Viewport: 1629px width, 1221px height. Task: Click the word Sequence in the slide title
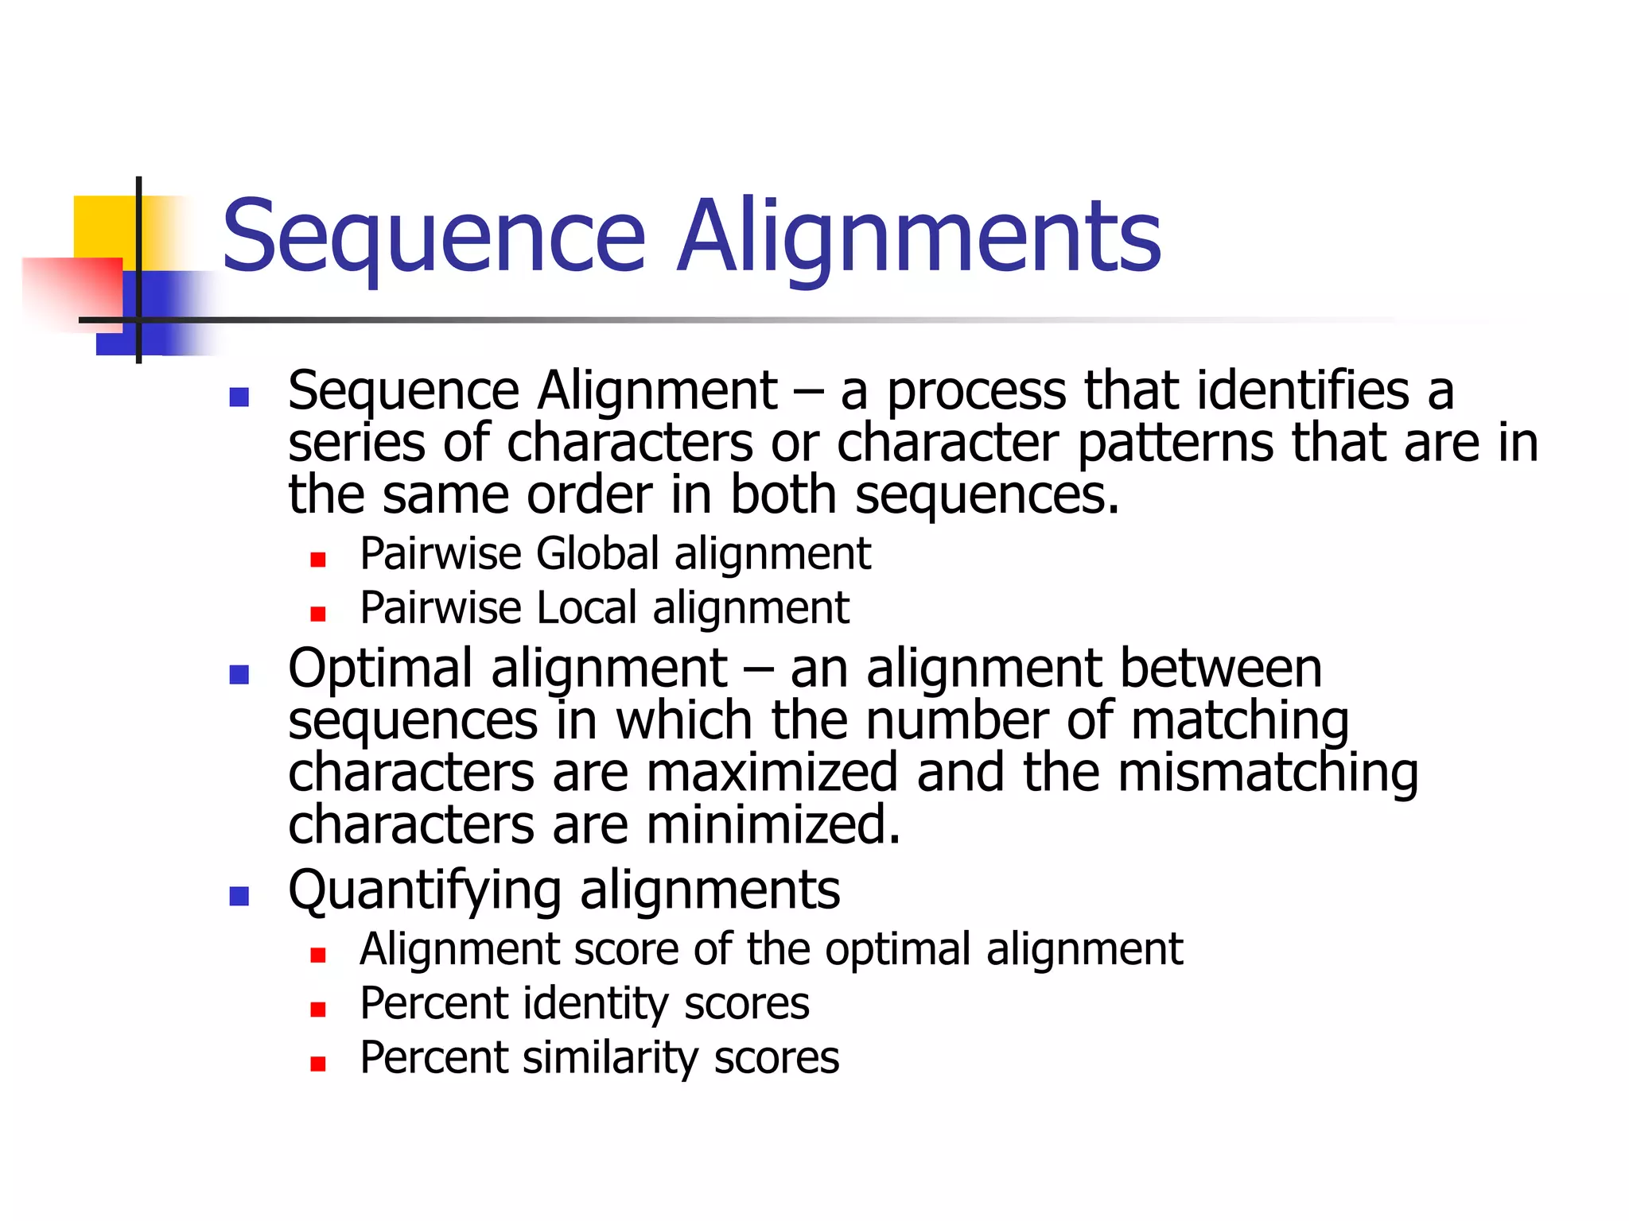[x=433, y=237]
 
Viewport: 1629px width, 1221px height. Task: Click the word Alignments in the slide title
[x=919, y=237]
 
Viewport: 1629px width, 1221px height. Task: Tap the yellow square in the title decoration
[x=103, y=227]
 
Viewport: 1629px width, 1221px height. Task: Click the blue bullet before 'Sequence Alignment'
[x=239, y=397]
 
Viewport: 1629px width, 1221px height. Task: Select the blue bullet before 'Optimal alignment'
[x=239, y=674]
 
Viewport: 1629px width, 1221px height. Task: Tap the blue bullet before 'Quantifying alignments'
[x=239, y=896]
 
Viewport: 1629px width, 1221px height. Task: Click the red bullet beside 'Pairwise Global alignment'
[x=318, y=560]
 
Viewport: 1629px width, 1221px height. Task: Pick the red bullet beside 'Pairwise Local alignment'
[x=318, y=614]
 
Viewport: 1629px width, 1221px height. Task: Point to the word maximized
[x=772, y=773]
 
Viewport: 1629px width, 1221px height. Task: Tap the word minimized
[x=773, y=825]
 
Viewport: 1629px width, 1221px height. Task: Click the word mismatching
[x=1268, y=773]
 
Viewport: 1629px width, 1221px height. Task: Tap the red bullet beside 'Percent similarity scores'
[x=318, y=1064]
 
